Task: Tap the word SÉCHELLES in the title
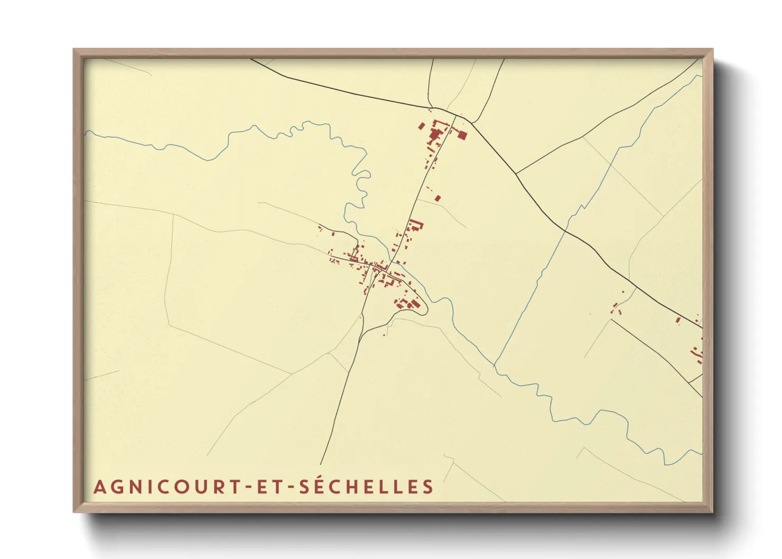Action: tap(367, 487)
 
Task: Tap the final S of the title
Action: tap(428, 487)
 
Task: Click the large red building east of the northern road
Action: tap(461, 135)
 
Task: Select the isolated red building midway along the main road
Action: tap(437, 199)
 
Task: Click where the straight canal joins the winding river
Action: tap(495, 364)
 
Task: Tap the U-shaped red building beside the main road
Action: tap(416, 226)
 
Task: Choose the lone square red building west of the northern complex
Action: tap(421, 126)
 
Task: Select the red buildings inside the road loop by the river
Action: tap(408, 304)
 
